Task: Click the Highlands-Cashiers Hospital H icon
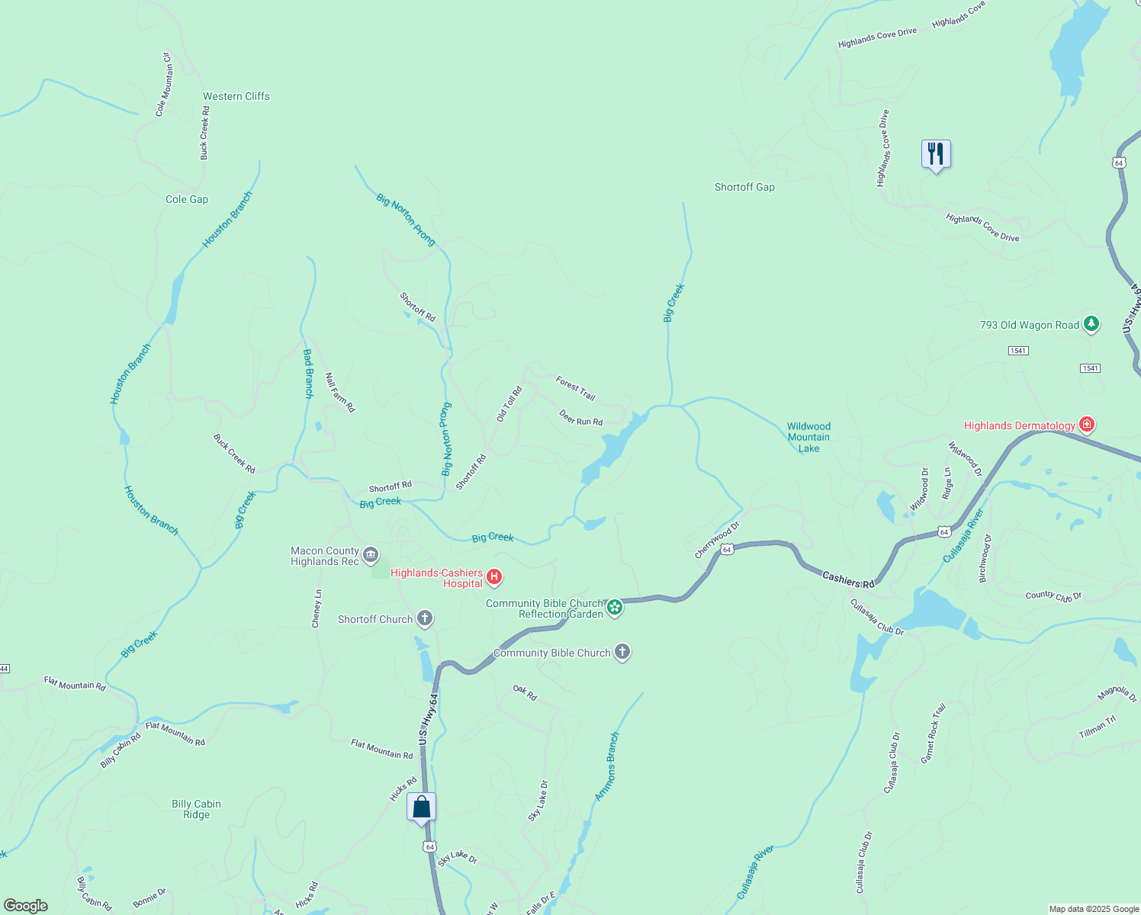494,577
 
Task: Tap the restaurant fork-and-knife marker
936,154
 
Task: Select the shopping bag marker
421,807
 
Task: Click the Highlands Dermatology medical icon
1087,425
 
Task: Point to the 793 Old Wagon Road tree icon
1091,324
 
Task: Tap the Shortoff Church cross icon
425,618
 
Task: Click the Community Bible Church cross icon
622,652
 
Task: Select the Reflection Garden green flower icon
615,608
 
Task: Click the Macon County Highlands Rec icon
371,554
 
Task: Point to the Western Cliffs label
236,96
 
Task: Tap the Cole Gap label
187,199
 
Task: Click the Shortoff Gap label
744,187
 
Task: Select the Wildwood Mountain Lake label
808,437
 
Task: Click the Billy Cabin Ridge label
196,809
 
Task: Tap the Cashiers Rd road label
848,580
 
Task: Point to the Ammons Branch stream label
607,766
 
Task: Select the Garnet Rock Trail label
933,734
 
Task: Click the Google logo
26,905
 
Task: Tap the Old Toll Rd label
509,404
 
